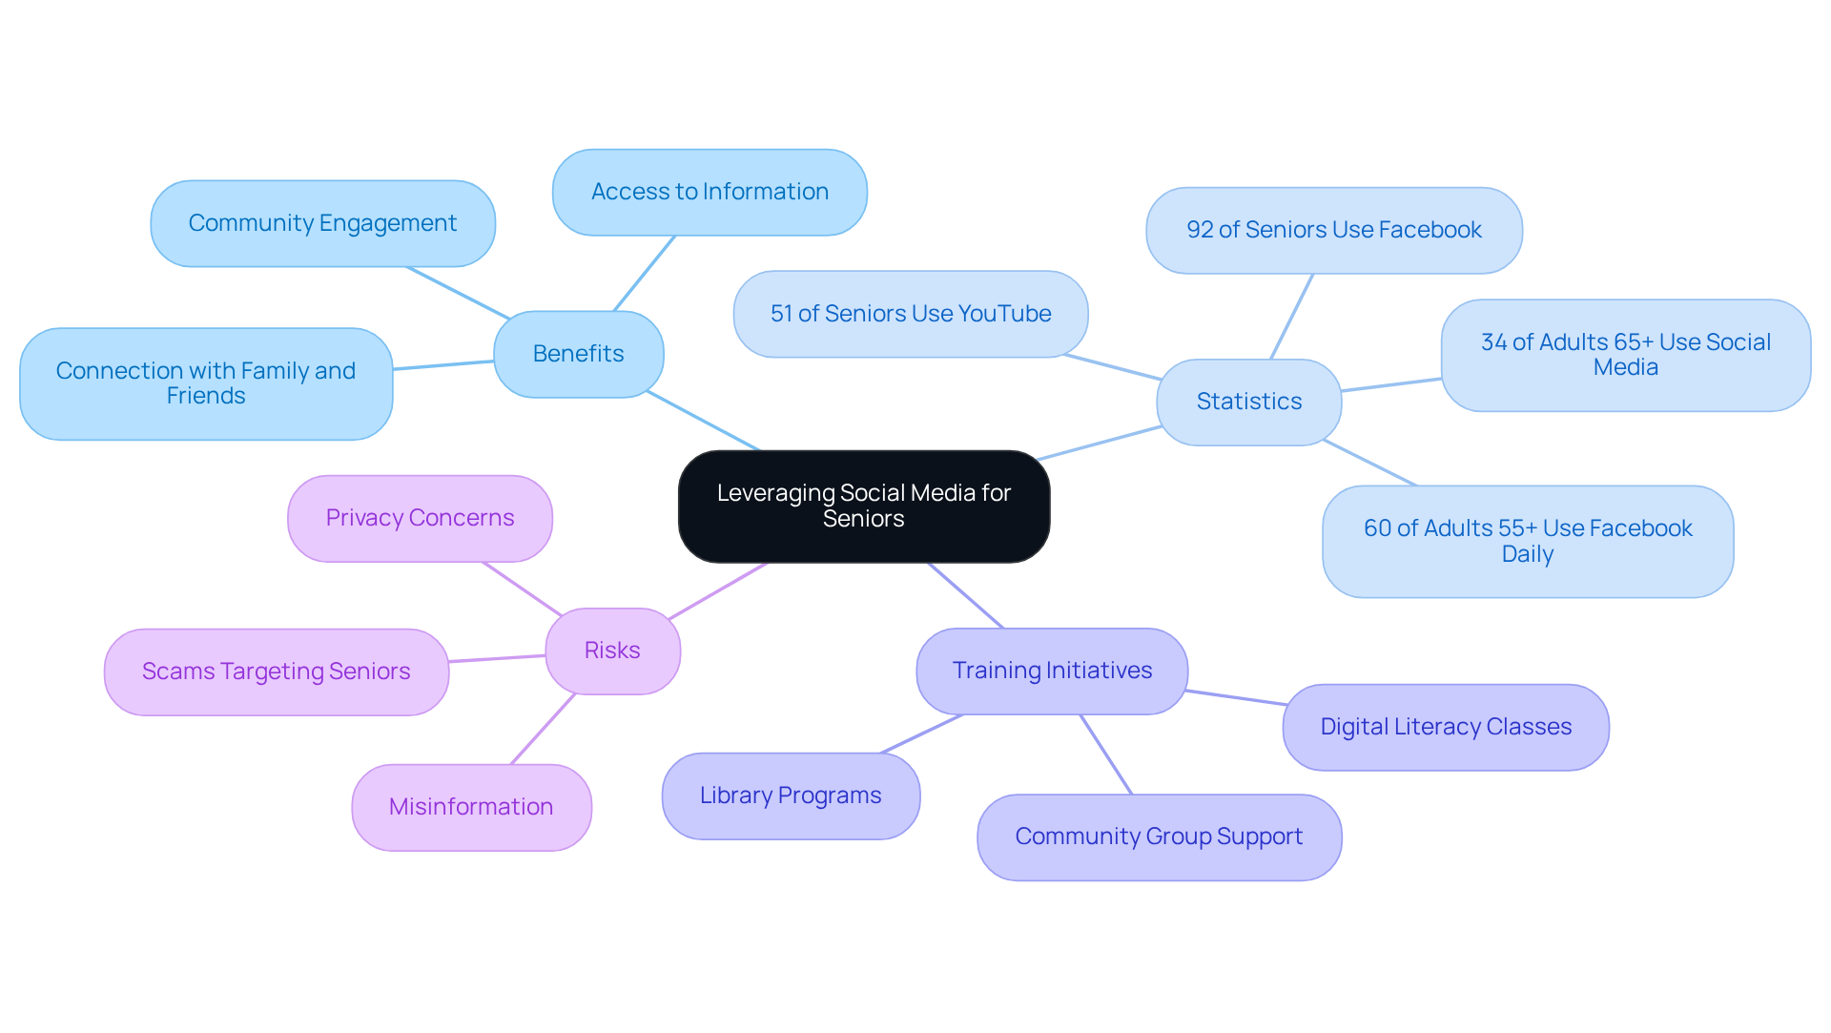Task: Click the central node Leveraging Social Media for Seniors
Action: pyautogui.click(x=863, y=506)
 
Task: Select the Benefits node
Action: pyautogui.click(x=578, y=354)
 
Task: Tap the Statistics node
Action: pyautogui.click(x=1248, y=402)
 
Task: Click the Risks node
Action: pyautogui.click(x=612, y=651)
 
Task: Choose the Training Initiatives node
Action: pyautogui.click(x=1052, y=671)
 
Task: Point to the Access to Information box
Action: pyautogui.click(x=710, y=192)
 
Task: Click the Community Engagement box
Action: pyautogui.click(x=322, y=223)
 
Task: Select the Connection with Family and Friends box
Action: pyautogui.click(x=206, y=383)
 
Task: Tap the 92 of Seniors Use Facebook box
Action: pyautogui.click(x=1333, y=230)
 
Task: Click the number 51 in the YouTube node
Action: pyautogui.click(x=781, y=314)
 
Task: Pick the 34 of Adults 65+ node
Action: pyautogui.click(x=1625, y=355)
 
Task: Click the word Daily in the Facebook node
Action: pyautogui.click(x=1527, y=554)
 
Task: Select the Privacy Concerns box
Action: pyautogui.click(x=420, y=518)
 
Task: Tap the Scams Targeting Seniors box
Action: pyautogui.click(x=276, y=671)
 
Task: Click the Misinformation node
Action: pyautogui.click(x=471, y=807)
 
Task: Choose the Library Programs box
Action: pyautogui.click(x=791, y=795)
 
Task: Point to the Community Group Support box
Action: pyautogui.click(x=1159, y=837)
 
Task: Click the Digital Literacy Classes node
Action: pyautogui.click(x=1446, y=727)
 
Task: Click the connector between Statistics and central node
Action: pyautogui.click(x=1099, y=444)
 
